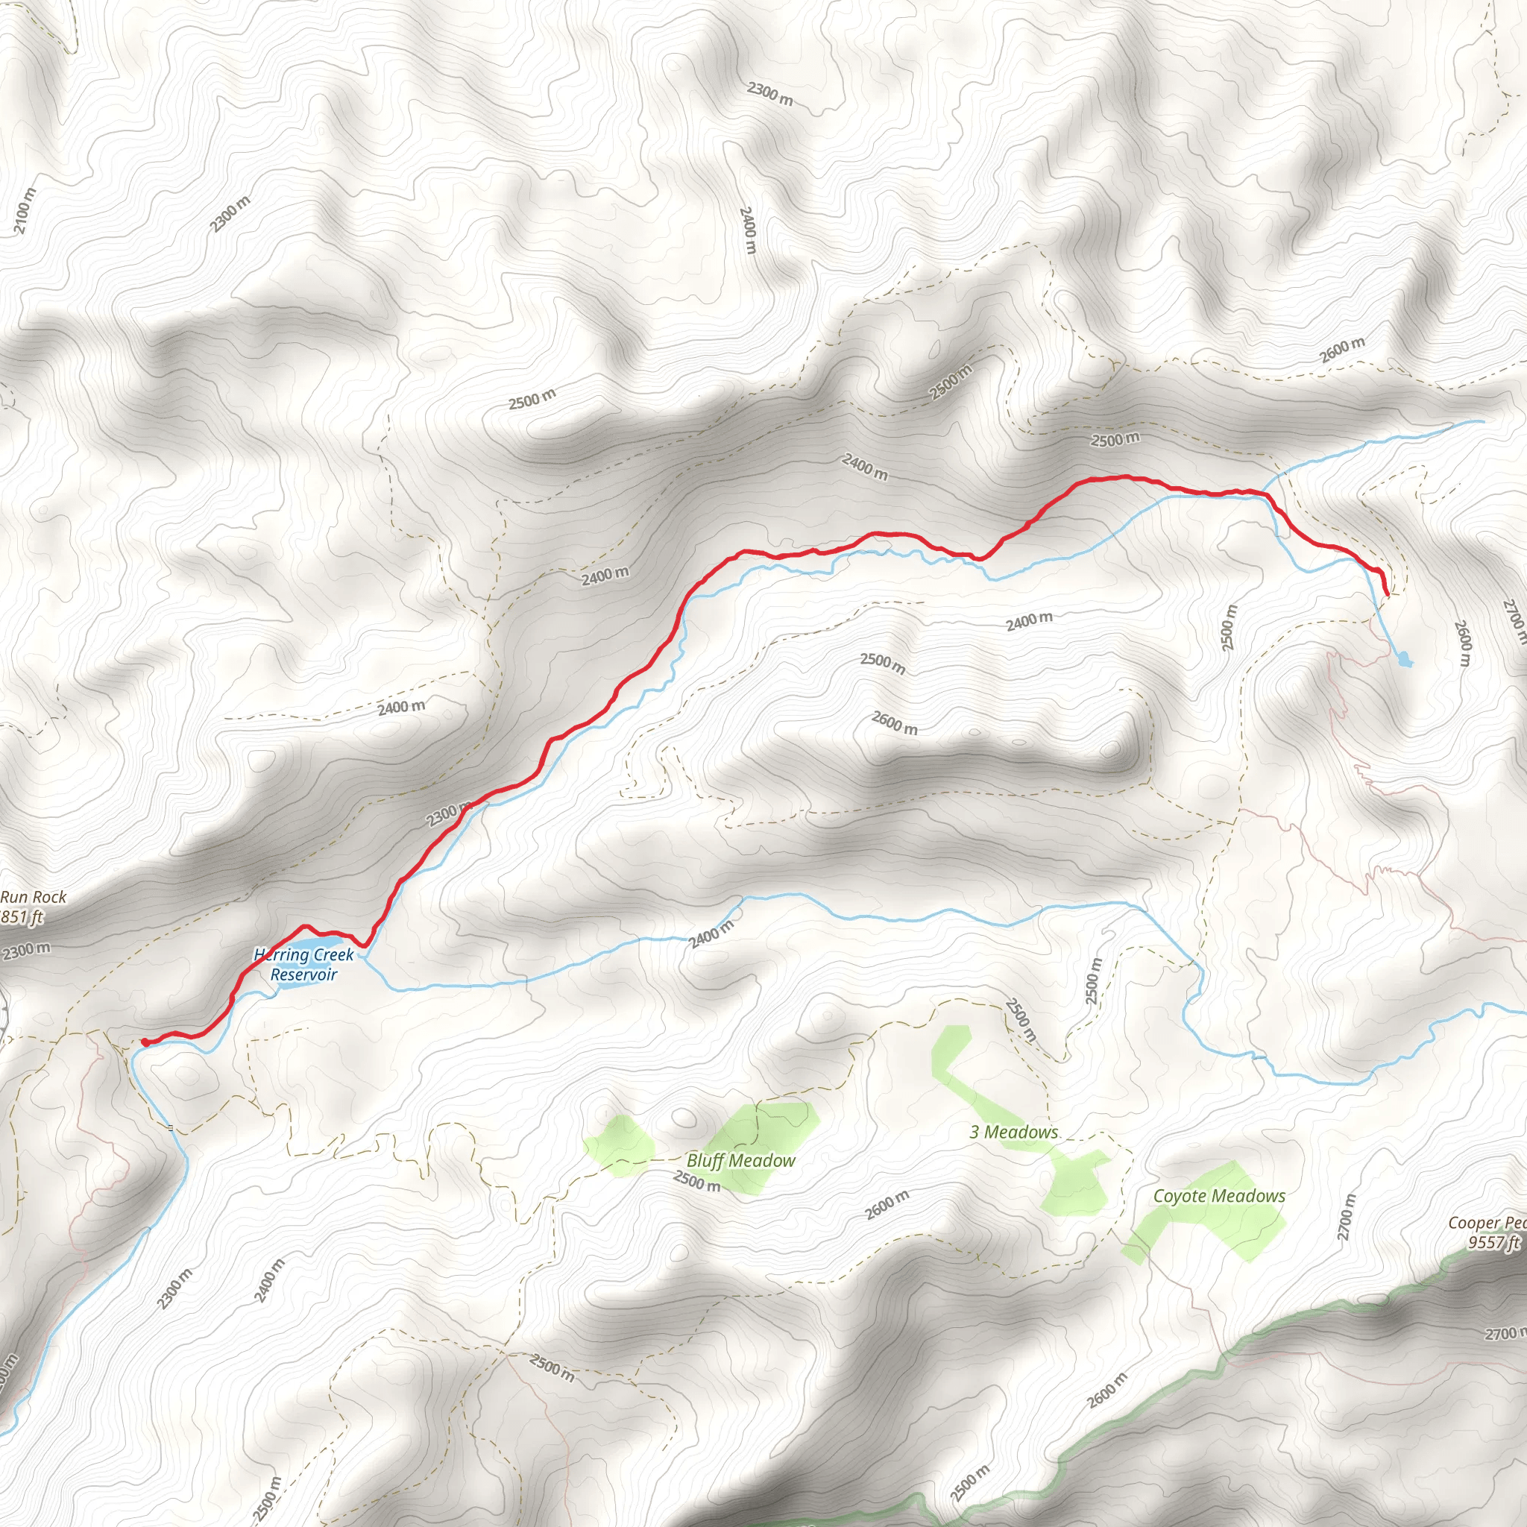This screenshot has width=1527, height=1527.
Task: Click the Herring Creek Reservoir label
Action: [x=303, y=964]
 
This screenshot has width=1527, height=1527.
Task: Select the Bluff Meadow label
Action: [x=740, y=1160]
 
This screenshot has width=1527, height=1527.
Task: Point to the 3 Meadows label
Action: [x=1014, y=1132]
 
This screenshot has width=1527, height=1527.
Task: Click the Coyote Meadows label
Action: [x=1219, y=1196]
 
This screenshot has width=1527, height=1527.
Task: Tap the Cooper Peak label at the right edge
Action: [x=1487, y=1223]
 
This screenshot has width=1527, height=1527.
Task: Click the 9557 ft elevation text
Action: [x=1493, y=1242]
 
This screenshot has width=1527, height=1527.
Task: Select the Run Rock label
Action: [x=34, y=897]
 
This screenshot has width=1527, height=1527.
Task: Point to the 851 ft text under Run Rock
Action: [x=22, y=917]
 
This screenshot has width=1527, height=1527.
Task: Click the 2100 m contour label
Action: [x=25, y=211]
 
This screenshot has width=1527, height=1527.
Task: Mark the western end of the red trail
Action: [x=145, y=1042]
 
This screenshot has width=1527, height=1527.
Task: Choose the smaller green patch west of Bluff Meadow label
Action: [x=619, y=1145]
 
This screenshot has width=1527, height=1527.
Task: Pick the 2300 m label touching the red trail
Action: [x=449, y=814]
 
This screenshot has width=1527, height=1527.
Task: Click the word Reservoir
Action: [x=303, y=975]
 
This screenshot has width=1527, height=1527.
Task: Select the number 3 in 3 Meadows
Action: [x=975, y=1132]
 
